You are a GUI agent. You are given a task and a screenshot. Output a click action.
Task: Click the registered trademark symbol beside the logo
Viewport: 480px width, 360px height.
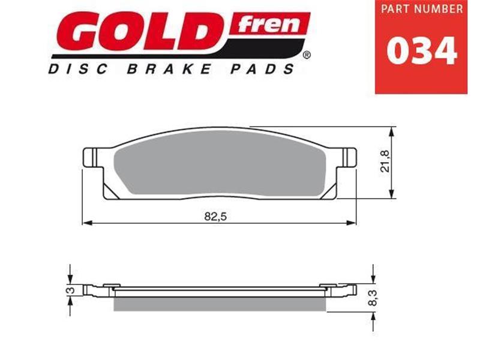click(307, 56)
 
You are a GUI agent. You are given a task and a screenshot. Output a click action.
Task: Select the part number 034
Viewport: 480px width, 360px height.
click(421, 51)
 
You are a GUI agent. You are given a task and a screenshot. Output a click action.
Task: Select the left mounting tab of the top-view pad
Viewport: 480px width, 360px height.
click(89, 158)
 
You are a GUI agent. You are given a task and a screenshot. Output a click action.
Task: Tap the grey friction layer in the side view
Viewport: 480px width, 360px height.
click(219, 304)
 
